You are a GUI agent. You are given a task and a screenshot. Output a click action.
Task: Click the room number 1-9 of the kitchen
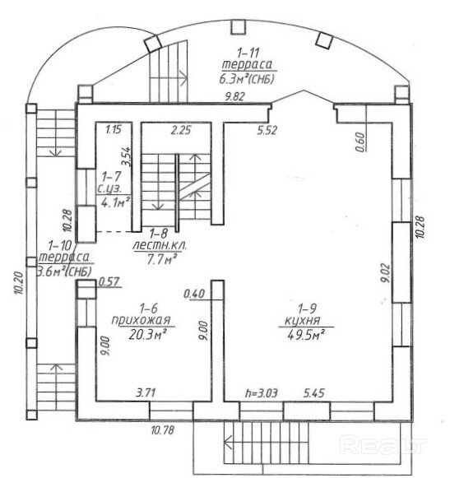[x=307, y=309]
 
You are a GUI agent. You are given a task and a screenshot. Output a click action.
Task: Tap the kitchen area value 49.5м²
[x=305, y=336]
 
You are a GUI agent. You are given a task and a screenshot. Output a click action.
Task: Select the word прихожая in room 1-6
[x=141, y=321]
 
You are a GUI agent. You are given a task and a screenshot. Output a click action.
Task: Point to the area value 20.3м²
[x=147, y=335]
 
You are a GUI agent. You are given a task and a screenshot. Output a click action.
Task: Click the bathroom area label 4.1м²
[x=115, y=202]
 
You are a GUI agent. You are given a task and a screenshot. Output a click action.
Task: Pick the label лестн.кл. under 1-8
[x=160, y=245]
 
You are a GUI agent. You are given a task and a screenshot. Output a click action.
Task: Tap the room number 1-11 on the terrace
[x=248, y=53]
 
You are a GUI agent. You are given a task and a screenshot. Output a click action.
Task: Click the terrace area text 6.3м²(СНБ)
[x=247, y=79]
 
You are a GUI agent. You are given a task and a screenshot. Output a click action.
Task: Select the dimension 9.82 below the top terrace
[x=234, y=96]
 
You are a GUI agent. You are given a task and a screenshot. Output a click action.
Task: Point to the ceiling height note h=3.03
[x=262, y=393]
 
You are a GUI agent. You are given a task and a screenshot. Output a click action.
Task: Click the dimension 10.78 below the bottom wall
[x=163, y=429]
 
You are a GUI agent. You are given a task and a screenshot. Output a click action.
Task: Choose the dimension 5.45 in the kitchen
[x=313, y=393]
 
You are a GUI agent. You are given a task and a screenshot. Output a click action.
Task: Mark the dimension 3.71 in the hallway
[x=146, y=392]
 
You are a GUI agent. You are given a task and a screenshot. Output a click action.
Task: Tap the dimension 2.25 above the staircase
[x=181, y=130]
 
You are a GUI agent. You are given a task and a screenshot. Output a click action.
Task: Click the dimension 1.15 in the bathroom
[x=114, y=129]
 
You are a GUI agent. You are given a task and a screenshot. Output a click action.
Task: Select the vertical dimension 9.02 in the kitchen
[x=386, y=273]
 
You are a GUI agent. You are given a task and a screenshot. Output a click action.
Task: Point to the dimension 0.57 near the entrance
[x=109, y=281]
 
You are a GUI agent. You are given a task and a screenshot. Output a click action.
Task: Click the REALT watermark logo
[x=383, y=445]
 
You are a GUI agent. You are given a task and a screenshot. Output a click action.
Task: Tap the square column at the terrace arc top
[x=238, y=27]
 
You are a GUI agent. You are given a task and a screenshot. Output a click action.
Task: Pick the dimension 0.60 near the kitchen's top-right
[x=360, y=142]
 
